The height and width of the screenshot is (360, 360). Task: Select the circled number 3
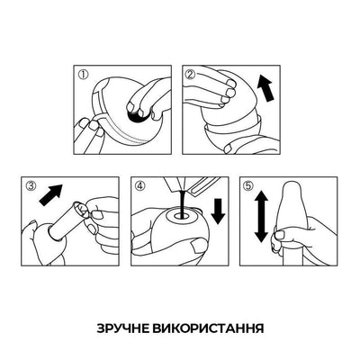click(x=30, y=187)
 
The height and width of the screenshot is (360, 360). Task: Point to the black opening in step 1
click(x=141, y=112)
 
